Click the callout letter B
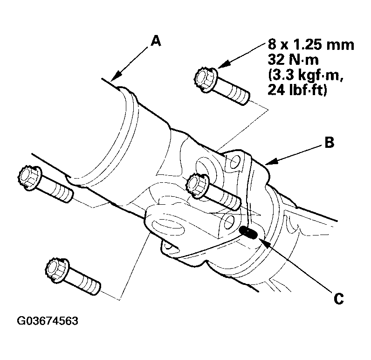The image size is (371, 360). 329,143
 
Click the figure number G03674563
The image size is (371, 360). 48,322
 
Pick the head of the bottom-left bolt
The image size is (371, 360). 56,270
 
